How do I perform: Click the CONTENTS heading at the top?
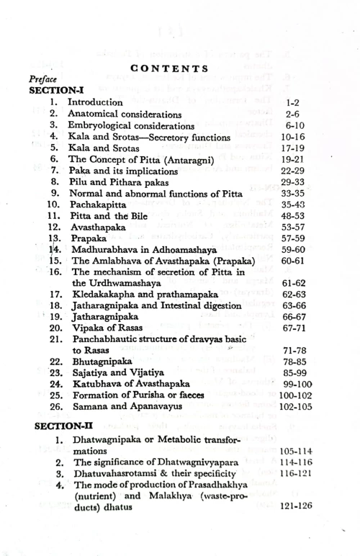pyautogui.click(x=169, y=68)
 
